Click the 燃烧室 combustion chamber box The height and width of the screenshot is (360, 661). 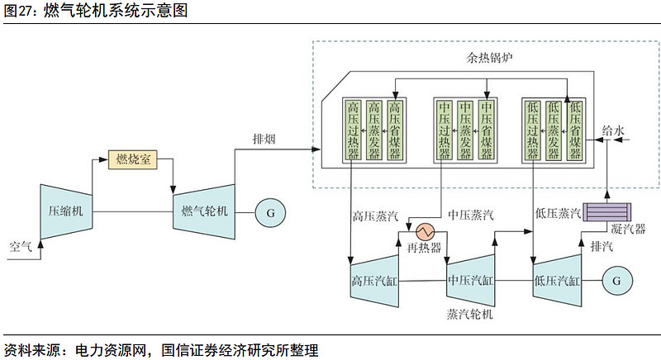[x=133, y=159]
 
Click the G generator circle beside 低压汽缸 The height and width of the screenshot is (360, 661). [x=616, y=280]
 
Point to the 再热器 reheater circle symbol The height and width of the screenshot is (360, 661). [x=426, y=230]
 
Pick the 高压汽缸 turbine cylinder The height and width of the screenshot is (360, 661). [x=374, y=280]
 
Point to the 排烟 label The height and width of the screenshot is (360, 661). [x=264, y=139]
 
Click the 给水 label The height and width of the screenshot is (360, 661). [x=613, y=130]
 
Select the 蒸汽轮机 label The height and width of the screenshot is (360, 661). [x=468, y=315]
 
